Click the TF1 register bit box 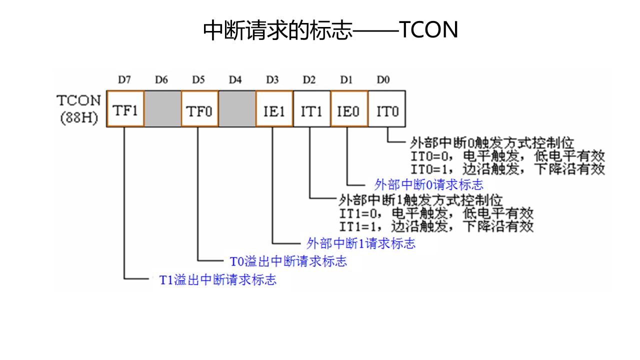tap(125, 109)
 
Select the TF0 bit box tap(199, 109)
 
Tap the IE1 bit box tap(274, 109)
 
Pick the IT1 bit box tap(311, 109)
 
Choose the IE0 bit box tap(349, 109)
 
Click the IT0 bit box tap(387, 109)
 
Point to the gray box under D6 tap(162, 109)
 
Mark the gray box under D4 tap(237, 109)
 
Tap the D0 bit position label tap(383, 80)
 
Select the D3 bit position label tap(272, 80)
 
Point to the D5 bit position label tap(198, 80)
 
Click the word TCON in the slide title tap(429, 30)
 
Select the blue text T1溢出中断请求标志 tap(217, 279)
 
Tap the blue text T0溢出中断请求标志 tap(288, 261)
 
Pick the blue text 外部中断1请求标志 tap(360, 244)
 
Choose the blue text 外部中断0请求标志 tap(429, 184)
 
